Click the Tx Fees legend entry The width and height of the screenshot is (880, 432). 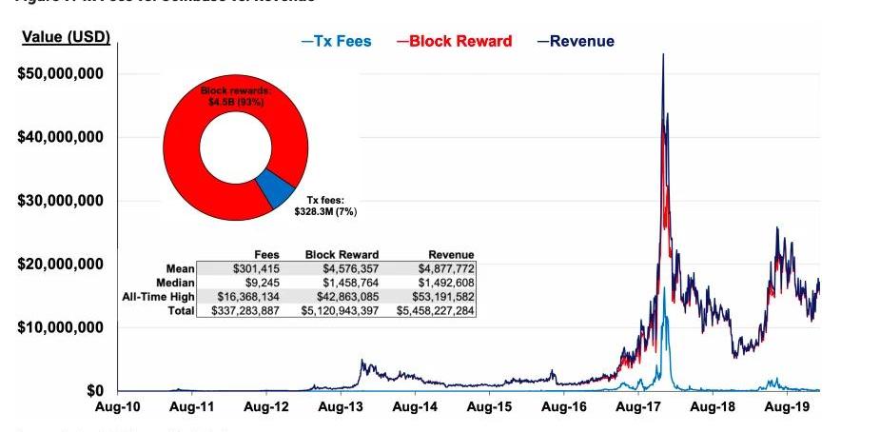336,41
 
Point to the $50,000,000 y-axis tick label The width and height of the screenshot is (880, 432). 60,74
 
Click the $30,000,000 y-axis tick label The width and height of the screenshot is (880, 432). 60,201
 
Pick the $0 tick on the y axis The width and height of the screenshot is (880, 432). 94,390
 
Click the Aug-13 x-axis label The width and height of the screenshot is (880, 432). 340,407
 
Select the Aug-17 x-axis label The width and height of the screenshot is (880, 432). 638,407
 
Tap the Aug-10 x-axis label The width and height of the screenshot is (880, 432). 117,407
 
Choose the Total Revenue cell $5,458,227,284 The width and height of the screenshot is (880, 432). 436,310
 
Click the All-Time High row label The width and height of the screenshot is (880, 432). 159,297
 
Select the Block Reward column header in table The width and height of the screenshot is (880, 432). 342,255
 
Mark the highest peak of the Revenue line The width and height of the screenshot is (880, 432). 663,54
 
